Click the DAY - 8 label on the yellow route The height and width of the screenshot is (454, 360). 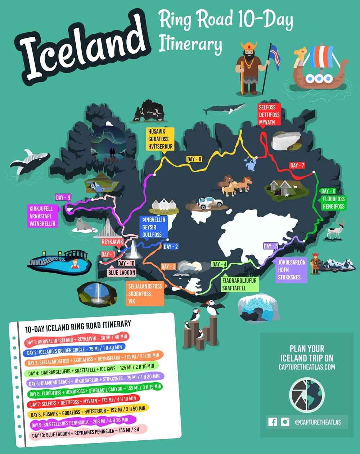(194, 159)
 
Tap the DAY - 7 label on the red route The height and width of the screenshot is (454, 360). (297, 165)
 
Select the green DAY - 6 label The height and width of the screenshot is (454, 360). (328, 191)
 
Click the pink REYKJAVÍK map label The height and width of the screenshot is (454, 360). (113, 242)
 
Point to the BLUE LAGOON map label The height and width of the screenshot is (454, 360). (122, 273)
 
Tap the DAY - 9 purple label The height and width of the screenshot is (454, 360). (63, 197)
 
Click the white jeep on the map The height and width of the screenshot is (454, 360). (210, 203)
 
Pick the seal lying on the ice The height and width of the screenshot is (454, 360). (84, 225)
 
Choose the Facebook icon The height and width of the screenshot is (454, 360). (273, 422)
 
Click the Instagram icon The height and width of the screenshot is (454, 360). (285, 422)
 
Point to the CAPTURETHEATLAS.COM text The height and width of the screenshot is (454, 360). (307, 367)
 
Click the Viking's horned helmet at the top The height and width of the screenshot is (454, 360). (249, 47)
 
